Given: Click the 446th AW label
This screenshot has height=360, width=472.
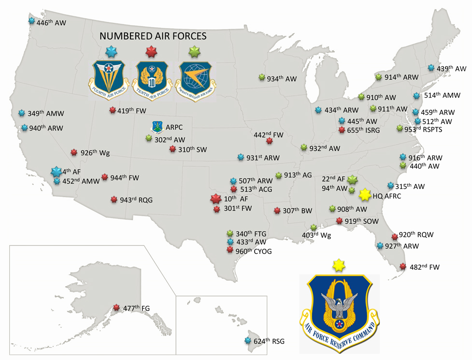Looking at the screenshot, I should pyautogui.click(x=51, y=22).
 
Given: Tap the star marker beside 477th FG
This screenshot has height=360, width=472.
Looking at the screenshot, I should pyautogui.click(x=116, y=307).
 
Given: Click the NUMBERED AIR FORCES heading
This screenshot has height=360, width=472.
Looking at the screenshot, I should pyautogui.click(x=153, y=36).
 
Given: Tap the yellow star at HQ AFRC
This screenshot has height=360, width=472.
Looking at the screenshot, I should pyautogui.click(x=365, y=194).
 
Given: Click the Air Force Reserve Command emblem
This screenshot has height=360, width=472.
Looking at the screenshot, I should pyautogui.click(x=339, y=314).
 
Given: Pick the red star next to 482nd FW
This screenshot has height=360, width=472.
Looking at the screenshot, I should pyautogui.click(x=402, y=266).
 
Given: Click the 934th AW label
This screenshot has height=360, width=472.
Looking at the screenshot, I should pyautogui.click(x=282, y=78).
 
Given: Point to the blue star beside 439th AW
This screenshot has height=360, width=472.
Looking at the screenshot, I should pyautogui.click(x=431, y=68).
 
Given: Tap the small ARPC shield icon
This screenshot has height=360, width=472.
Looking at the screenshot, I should pyautogui.click(x=157, y=127).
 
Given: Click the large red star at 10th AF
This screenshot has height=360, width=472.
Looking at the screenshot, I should pyautogui.click(x=215, y=198).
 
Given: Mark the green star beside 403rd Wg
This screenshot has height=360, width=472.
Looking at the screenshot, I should pyautogui.click(x=313, y=228).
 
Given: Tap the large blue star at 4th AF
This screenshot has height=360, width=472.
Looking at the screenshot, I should pyautogui.click(x=56, y=172).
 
